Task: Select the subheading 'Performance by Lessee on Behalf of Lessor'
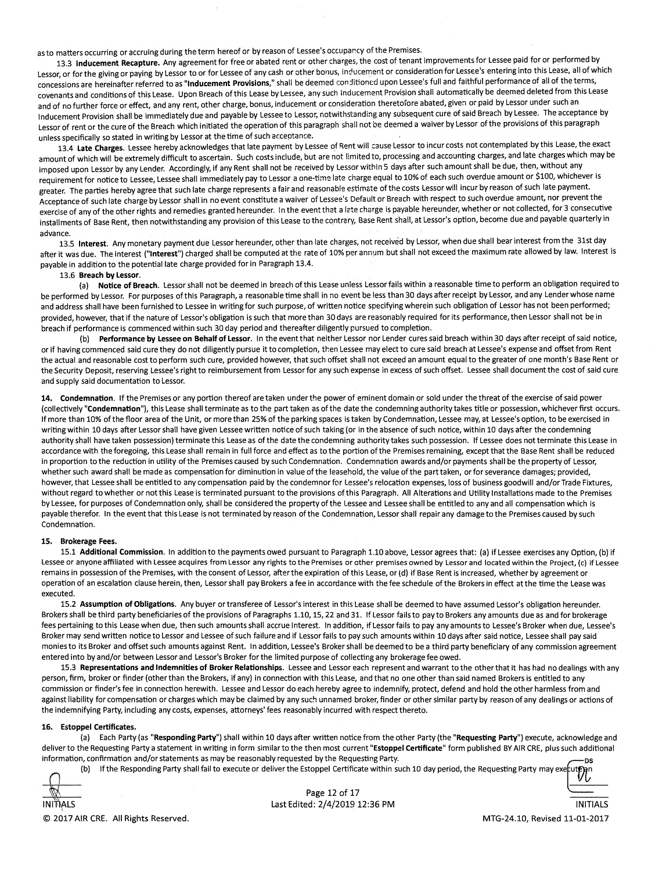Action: click(x=175, y=338)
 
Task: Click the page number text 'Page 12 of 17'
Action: click(x=333, y=792)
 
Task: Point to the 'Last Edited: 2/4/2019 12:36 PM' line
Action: click(x=333, y=804)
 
